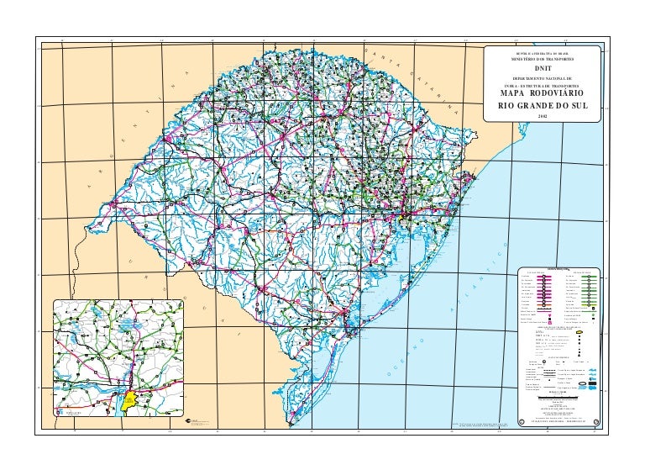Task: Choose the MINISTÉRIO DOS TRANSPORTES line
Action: (x=547, y=58)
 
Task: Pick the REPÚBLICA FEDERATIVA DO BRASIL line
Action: (x=547, y=50)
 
